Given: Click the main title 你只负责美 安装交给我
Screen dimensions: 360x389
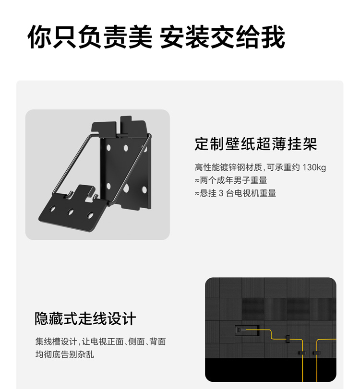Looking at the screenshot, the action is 156,37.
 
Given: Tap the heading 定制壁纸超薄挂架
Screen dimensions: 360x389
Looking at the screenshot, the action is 256,144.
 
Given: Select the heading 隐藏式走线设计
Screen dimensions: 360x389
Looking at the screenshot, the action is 85,319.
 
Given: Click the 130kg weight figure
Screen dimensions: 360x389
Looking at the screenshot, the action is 314,167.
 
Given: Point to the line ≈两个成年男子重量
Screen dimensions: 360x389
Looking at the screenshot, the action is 231,180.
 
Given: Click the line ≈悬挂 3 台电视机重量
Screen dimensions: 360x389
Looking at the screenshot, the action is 235,193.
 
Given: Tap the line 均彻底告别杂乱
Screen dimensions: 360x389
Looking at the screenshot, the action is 64,354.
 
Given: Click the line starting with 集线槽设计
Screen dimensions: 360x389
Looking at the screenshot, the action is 100,342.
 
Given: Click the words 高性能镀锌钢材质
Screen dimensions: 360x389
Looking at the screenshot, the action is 228,167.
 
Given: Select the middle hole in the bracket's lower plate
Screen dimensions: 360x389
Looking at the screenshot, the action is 71,212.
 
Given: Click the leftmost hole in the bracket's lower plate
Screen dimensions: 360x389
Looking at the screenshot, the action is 52,208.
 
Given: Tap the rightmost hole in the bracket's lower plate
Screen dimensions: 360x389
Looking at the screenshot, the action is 90,215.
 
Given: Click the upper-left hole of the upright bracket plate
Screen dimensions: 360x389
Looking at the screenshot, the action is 108,148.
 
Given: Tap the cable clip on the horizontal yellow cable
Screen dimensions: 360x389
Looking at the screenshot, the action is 288,339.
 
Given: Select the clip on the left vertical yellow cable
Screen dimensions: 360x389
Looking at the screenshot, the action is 302,353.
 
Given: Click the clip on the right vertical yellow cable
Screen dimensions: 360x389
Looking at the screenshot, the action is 316,353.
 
